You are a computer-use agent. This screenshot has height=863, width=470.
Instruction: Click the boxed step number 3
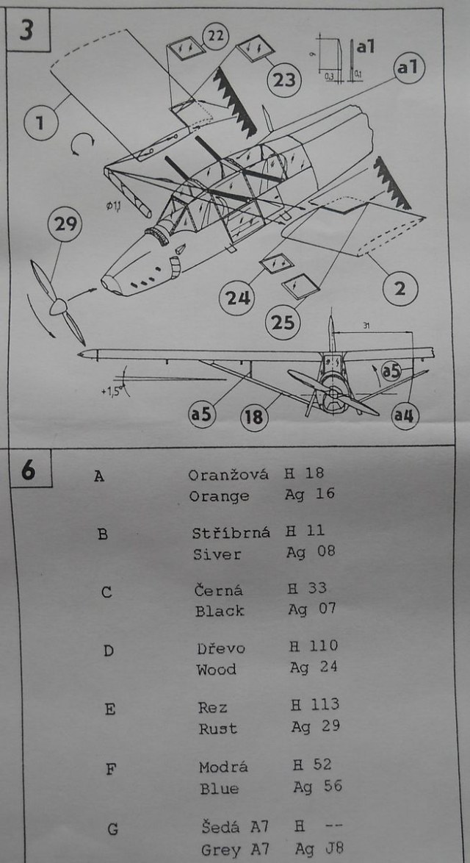pyautogui.click(x=26, y=33)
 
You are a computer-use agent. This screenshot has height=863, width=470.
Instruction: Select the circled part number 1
pyautogui.click(x=40, y=123)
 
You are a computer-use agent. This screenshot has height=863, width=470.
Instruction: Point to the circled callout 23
pyautogui.click(x=285, y=79)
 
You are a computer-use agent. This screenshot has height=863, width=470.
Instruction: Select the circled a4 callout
pyautogui.click(x=405, y=416)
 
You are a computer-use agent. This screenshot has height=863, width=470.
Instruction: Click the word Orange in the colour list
pyautogui.click(x=219, y=496)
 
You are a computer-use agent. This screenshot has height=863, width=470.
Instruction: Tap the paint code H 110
pyautogui.click(x=314, y=646)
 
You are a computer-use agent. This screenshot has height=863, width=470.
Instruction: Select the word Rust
pyautogui.click(x=217, y=728)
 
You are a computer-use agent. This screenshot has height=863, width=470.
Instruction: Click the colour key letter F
pyautogui.click(x=111, y=770)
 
